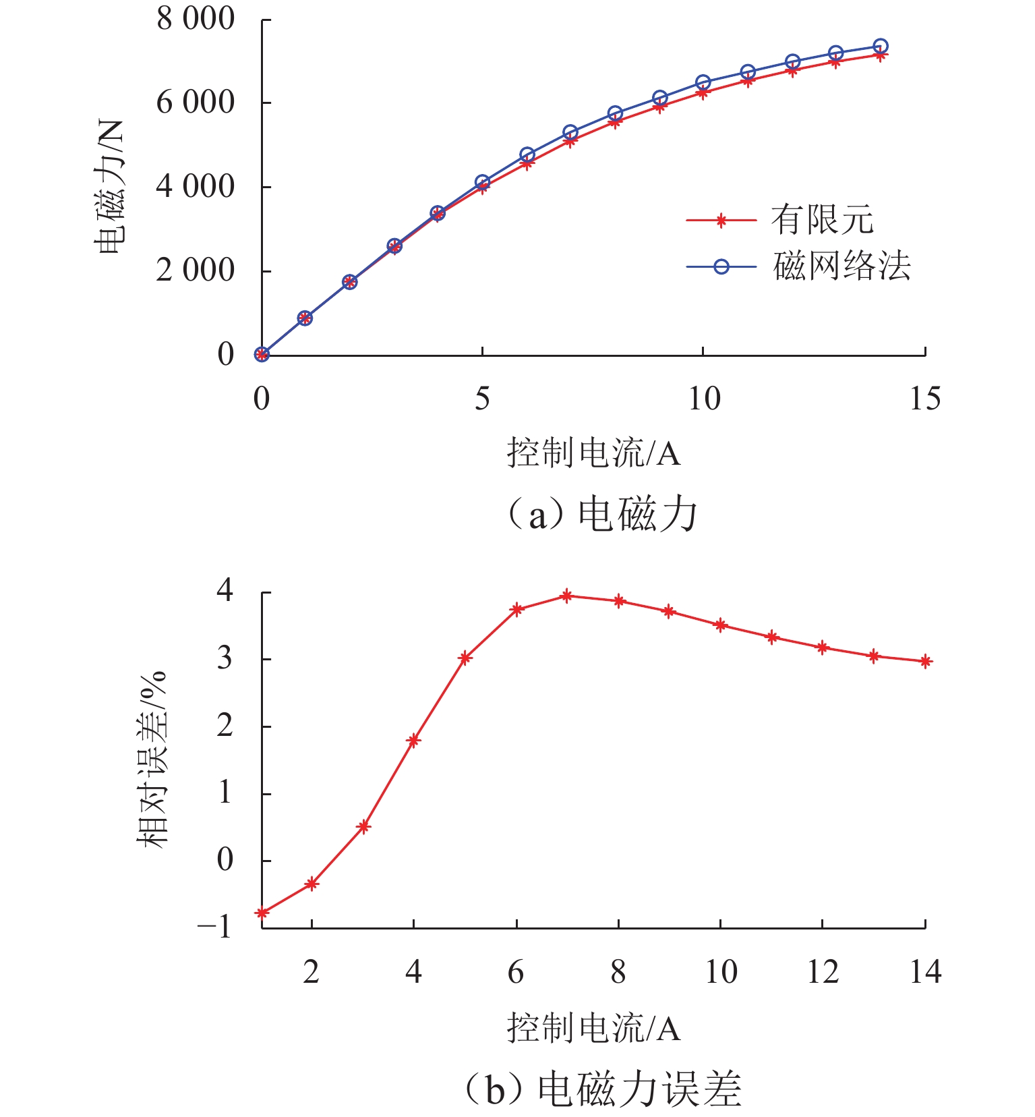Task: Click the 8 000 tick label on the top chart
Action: click(x=196, y=19)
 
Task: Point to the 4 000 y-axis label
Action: click(x=196, y=186)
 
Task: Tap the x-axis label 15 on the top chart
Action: click(x=924, y=399)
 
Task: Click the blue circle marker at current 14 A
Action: click(x=880, y=47)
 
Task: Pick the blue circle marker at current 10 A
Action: click(x=703, y=83)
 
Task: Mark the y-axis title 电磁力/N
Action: click(x=110, y=187)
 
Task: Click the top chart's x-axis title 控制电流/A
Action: click(x=593, y=453)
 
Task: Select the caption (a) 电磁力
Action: click(x=601, y=515)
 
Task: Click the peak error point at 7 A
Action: click(x=567, y=596)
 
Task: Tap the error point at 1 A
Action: click(x=262, y=913)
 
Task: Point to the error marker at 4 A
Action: click(x=413, y=741)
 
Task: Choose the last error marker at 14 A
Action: click(x=926, y=662)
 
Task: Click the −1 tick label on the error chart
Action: click(x=214, y=927)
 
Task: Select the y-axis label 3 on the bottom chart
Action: click(x=225, y=659)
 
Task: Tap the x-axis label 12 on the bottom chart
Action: click(x=823, y=973)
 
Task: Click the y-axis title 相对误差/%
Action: click(x=152, y=760)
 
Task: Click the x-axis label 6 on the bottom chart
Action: click(x=516, y=973)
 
